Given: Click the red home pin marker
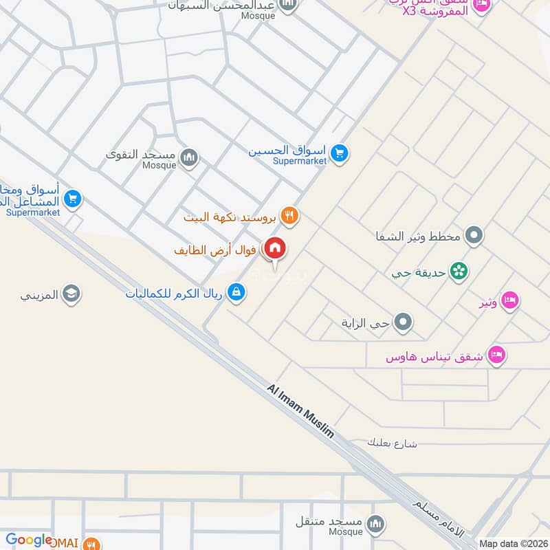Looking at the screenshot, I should (275, 248).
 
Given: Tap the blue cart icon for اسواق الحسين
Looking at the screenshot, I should (338, 153).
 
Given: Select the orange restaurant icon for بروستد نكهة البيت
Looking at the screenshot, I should (290, 215).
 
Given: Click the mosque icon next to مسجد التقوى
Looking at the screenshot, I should (189, 159).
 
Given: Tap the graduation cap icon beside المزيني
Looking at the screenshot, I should (71, 295).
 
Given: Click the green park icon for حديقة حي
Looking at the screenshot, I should (459, 272).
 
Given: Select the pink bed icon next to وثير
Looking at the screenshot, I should (509, 300).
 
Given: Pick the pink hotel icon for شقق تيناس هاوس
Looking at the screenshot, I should (496, 355).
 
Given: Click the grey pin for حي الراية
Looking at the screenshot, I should (404, 321).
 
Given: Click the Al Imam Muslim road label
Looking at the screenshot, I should (300, 411).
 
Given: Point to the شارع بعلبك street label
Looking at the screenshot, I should (393, 443).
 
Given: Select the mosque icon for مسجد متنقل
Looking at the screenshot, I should (375, 525).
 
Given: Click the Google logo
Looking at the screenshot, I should (29, 540).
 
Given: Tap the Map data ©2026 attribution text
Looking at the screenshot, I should (513, 544).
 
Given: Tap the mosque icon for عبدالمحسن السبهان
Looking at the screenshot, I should (289, 5).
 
